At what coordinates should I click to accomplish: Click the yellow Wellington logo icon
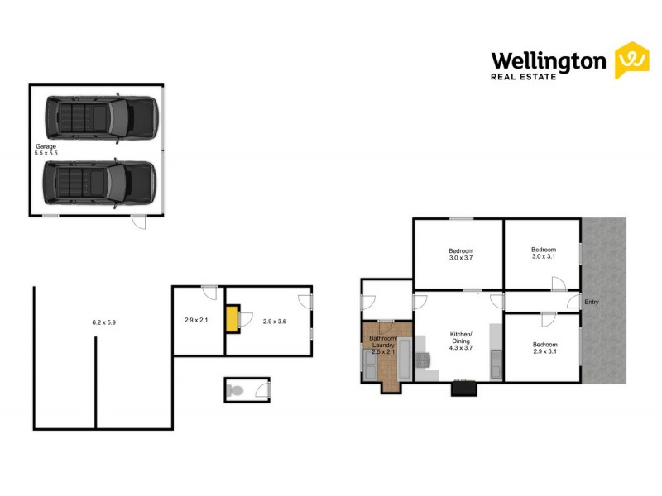(x=631, y=60)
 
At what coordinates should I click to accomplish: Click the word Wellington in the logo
(x=549, y=60)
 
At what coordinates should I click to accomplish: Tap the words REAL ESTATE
(x=525, y=79)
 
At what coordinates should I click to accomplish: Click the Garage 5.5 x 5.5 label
(x=46, y=150)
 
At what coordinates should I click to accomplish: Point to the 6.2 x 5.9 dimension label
(x=103, y=322)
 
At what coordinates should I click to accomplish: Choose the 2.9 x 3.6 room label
(x=274, y=321)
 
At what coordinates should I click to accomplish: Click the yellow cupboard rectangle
(x=234, y=318)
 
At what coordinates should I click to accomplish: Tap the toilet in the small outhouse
(x=235, y=390)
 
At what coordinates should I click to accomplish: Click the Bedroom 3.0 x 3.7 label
(x=461, y=254)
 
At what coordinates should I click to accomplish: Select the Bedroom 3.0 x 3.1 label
(x=543, y=254)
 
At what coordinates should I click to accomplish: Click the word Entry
(x=591, y=302)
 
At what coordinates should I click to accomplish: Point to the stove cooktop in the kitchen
(x=425, y=359)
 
